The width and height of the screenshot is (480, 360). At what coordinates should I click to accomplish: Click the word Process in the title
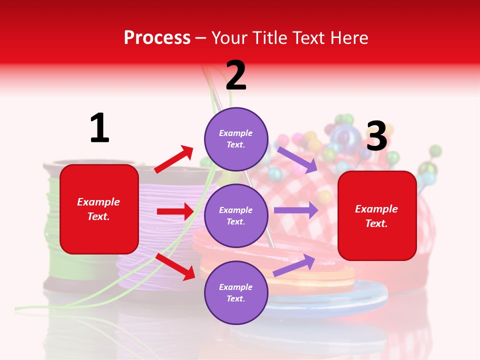[157, 38]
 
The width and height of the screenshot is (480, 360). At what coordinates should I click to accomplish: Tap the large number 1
[99, 128]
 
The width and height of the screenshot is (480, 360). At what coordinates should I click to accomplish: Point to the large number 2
[236, 75]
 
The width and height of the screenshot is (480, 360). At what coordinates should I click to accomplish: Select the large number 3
[376, 136]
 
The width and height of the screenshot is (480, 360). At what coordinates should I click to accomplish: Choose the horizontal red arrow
[175, 211]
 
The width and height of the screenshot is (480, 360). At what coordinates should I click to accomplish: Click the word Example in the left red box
[98, 202]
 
